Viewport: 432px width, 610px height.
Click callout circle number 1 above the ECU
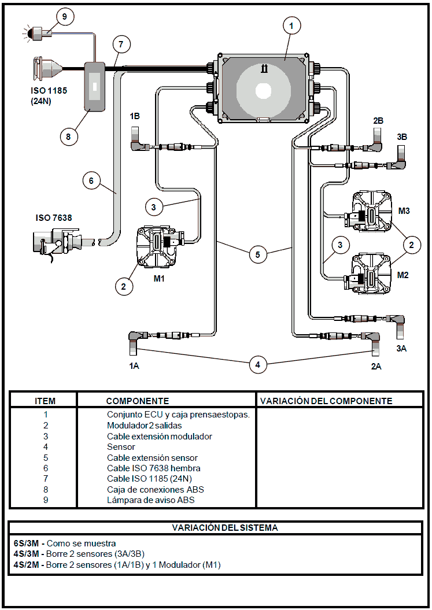291,25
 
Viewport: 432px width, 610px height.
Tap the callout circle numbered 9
64,17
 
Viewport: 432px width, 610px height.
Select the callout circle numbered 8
68,136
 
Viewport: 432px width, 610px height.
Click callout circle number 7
120,44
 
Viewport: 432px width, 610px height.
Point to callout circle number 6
91,180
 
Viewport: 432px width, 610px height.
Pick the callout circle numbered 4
258,364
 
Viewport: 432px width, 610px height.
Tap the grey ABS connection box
94,86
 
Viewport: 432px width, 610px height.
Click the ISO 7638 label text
54,218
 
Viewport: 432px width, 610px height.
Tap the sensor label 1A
134,365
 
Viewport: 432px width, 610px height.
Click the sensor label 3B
402,137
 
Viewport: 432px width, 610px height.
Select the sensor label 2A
376,366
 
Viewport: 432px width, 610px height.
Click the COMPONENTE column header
138,401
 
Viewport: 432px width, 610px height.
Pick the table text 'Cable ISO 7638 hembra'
153,468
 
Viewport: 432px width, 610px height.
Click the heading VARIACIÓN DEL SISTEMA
216,527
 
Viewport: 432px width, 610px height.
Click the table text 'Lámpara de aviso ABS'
150,500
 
